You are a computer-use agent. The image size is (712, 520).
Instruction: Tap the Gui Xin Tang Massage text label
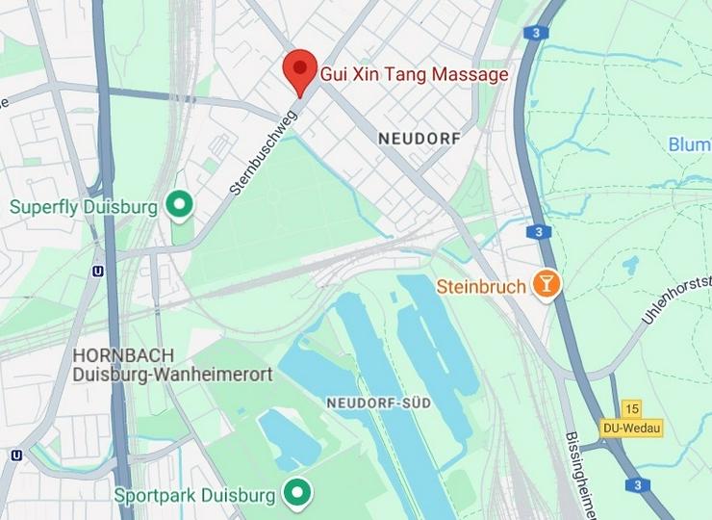point(414,73)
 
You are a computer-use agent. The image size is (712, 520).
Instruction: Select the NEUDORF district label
point(420,139)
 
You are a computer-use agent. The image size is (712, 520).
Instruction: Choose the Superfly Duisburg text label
point(84,206)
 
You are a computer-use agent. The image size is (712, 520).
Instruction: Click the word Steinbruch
point(481,286)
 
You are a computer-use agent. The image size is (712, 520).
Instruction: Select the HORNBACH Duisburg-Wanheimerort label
point(173,364)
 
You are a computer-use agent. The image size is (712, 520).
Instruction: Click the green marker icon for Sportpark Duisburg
point(298,494)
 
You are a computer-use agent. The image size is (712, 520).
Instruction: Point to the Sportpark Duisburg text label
point(195,496)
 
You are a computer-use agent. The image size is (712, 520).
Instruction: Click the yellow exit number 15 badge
point(631,409)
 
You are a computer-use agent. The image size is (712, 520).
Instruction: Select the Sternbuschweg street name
point(263,152)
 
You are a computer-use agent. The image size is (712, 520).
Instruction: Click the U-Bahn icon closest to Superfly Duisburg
point(97,272)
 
